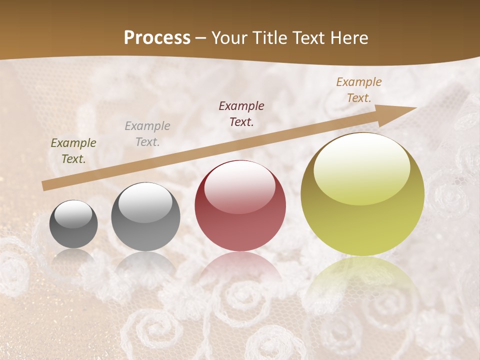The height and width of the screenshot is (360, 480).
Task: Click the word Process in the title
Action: pos(157,38)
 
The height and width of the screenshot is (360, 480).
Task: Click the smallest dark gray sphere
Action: pos(73,224)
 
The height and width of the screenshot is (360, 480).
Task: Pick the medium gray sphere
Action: pos(145,216)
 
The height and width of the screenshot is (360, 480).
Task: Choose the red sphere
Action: pos(240,205)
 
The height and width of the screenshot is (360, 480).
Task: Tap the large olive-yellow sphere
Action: pos(362,194)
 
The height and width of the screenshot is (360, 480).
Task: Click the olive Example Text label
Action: pos(73,151)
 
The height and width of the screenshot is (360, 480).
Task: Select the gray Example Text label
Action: pos(147,134)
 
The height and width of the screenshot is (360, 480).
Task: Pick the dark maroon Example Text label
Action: pos(241,113)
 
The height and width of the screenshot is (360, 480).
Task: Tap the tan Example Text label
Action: pos(359,90)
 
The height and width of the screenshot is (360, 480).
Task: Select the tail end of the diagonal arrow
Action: pos(44,186)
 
